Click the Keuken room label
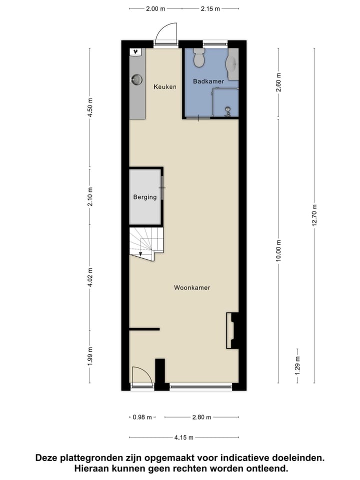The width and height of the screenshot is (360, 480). click(x=164, y=87)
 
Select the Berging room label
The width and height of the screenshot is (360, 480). click(x=144, y=197)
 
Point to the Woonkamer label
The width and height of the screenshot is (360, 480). click(x=192, y=287)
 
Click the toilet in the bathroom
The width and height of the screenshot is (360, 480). click(x=199, y=58)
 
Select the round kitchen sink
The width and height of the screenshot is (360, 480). click(x=136, y=79)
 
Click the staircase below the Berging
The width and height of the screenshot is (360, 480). click(x=146, y=242)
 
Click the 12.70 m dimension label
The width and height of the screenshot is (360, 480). click(x=314, y=215)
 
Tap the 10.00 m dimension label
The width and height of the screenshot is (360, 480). click(x=278, y=250)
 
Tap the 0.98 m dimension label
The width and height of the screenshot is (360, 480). click(x=142, y=417)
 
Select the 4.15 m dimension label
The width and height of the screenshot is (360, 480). click(x=184, y=437)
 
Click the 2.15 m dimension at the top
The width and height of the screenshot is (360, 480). click(x=210, y=8)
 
